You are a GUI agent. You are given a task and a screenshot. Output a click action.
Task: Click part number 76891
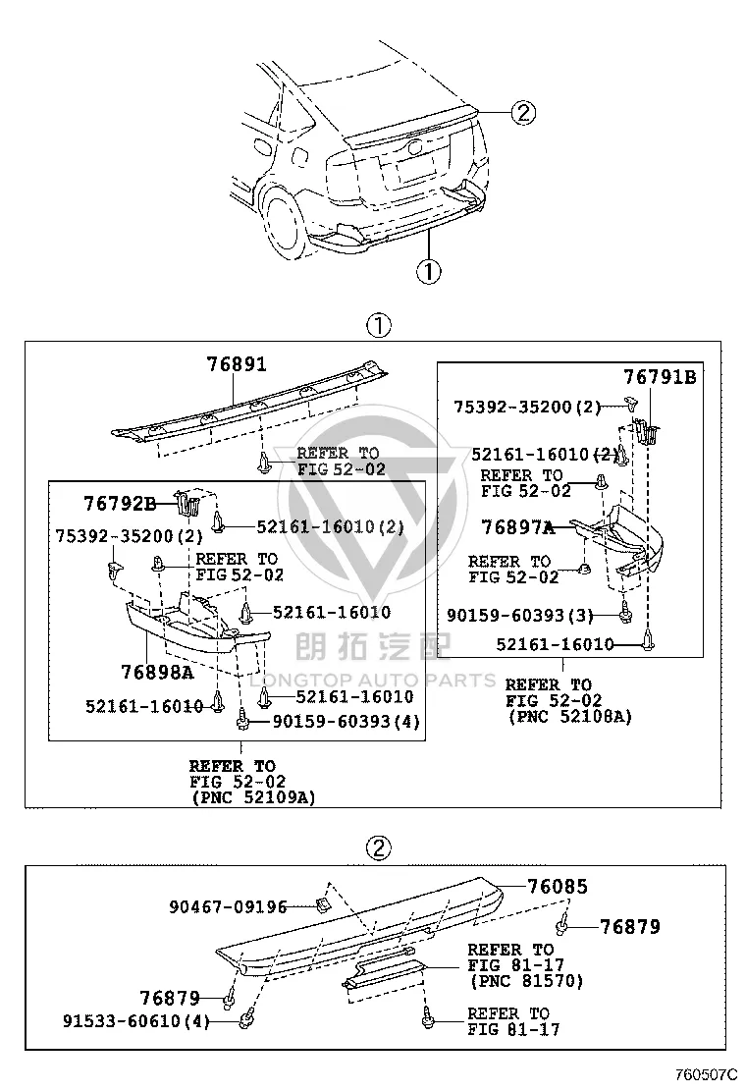[237, 364]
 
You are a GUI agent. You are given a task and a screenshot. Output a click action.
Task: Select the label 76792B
[120, 503]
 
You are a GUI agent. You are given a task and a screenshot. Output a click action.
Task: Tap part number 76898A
[157, 672]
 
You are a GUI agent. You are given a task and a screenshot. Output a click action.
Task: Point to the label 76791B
[659, 377]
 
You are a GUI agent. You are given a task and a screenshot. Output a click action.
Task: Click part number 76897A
[517, 527]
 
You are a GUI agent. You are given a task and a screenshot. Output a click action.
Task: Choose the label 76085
[558, 887]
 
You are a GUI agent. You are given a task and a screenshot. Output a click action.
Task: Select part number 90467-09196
[229, 906]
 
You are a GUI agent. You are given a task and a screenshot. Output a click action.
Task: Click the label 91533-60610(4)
[136, 1021]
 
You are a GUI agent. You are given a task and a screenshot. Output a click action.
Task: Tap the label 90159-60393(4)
[346, 722]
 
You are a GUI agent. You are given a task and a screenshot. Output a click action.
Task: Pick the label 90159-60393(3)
[520, 616]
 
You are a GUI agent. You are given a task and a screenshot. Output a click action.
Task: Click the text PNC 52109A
[254, 797]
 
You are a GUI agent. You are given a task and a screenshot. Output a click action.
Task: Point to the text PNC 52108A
[570, 717]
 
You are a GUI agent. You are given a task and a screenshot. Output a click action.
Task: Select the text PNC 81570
[527, 981]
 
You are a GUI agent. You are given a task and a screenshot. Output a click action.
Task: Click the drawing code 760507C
[705, 1074]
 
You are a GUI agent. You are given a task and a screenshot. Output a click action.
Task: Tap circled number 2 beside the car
[523, 112]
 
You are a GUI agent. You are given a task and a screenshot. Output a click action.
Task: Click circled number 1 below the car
[429, 271]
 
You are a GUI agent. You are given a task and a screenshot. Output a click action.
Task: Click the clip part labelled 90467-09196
[322, 904]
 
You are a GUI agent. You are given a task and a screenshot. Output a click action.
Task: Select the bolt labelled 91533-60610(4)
[245, 1020]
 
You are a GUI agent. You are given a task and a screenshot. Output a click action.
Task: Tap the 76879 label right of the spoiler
[630, 927]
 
